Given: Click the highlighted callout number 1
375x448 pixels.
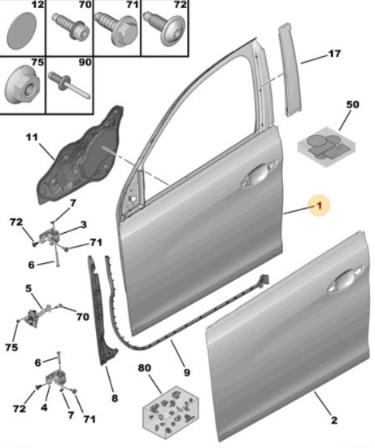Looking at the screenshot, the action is pyautogui.click(x=319, y=204).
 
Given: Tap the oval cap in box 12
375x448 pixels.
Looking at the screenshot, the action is pyautogui.click(x=22, y=31).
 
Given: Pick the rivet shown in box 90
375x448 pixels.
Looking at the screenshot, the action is pyautogui.click(x=68, y=85).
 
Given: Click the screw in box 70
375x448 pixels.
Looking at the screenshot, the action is pyautogui.click(x=70, y=28).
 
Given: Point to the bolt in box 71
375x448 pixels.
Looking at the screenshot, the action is pyautogui.click(x=116, y=29).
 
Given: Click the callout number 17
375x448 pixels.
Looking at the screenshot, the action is pyautogui.click(x=334, y=54).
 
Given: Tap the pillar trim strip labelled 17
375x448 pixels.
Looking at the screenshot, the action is pyautogui.click(x=289, y=70).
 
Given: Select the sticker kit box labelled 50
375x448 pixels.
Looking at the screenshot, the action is pyautogui.click(x=327, y=147).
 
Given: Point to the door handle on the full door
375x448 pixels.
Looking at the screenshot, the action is pyautogui.click(x=259, y=174).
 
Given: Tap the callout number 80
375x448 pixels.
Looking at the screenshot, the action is pyautogui.click(x=145, y=367).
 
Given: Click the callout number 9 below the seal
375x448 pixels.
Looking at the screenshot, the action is pyautogui.click(x=186, y=372).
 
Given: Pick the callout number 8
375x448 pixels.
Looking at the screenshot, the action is pyautogui.click(x=115, y=398).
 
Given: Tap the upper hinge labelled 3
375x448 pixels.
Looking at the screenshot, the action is pyautogui.click(x=50, y=237).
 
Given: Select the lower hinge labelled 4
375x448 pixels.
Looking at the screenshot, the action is pyautogui.click(x=55, y=378).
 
